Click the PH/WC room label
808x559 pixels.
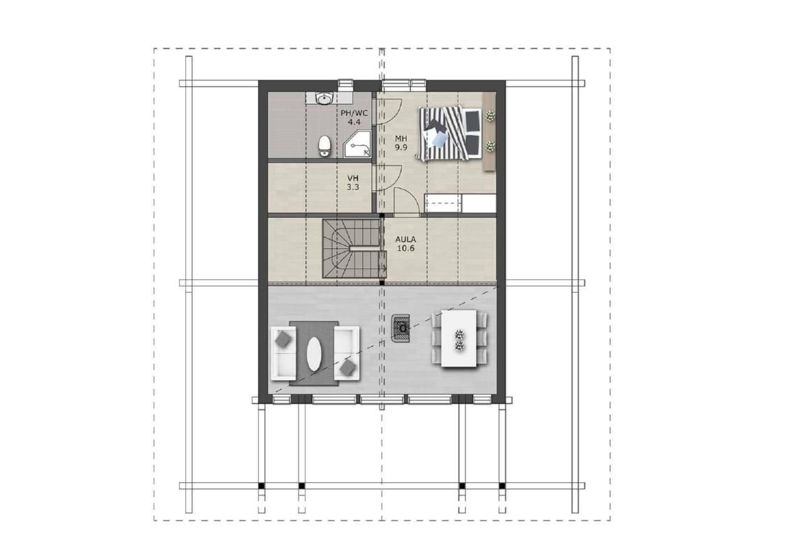pos(354,113)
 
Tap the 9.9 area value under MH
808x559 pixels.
pos(401,147)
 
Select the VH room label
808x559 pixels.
pos(352,178)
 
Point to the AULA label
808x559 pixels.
pos(405,240)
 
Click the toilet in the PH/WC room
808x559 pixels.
pos(324,146)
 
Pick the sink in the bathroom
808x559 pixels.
pos(324,98)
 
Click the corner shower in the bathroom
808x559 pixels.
pos(356,144)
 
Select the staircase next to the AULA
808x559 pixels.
pos(354,248)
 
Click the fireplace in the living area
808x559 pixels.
pos(402,328)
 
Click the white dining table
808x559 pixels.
pos(459,338)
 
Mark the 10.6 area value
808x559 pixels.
pos(405,248)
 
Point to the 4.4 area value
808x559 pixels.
pos(354,122)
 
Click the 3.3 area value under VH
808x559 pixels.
pos(352,187)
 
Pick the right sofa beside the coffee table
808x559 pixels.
pos(346,353)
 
